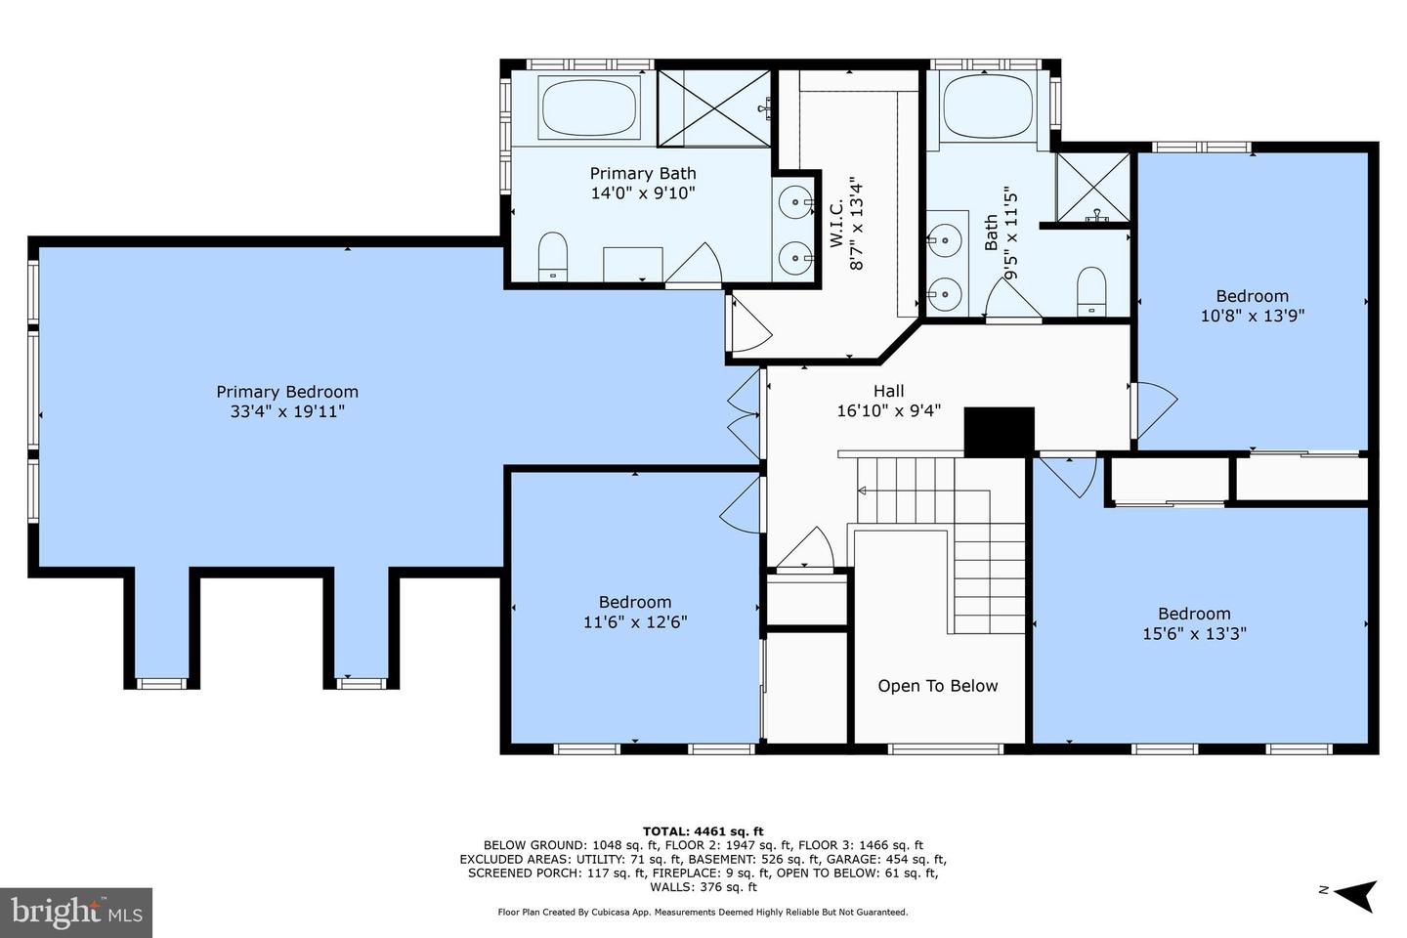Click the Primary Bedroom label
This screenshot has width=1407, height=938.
287,392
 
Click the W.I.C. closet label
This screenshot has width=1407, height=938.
836,225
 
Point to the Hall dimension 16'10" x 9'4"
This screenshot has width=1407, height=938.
889,411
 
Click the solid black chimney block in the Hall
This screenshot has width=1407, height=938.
999,432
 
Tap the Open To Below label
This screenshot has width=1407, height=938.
938,686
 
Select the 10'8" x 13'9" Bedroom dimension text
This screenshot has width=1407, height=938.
1253,316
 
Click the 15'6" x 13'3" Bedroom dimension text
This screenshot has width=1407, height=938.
1194,633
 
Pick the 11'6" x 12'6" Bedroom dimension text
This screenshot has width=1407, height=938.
635,622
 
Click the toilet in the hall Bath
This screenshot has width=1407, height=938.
1091,291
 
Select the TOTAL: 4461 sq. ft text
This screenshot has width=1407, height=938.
703,831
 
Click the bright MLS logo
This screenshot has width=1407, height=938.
76,913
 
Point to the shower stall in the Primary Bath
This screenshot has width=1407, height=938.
714,108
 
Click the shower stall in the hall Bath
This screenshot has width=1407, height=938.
1093,188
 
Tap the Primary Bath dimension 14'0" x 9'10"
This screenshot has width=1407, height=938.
643,192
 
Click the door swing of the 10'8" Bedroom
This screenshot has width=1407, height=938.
1155,410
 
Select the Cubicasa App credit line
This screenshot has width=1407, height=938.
703,912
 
